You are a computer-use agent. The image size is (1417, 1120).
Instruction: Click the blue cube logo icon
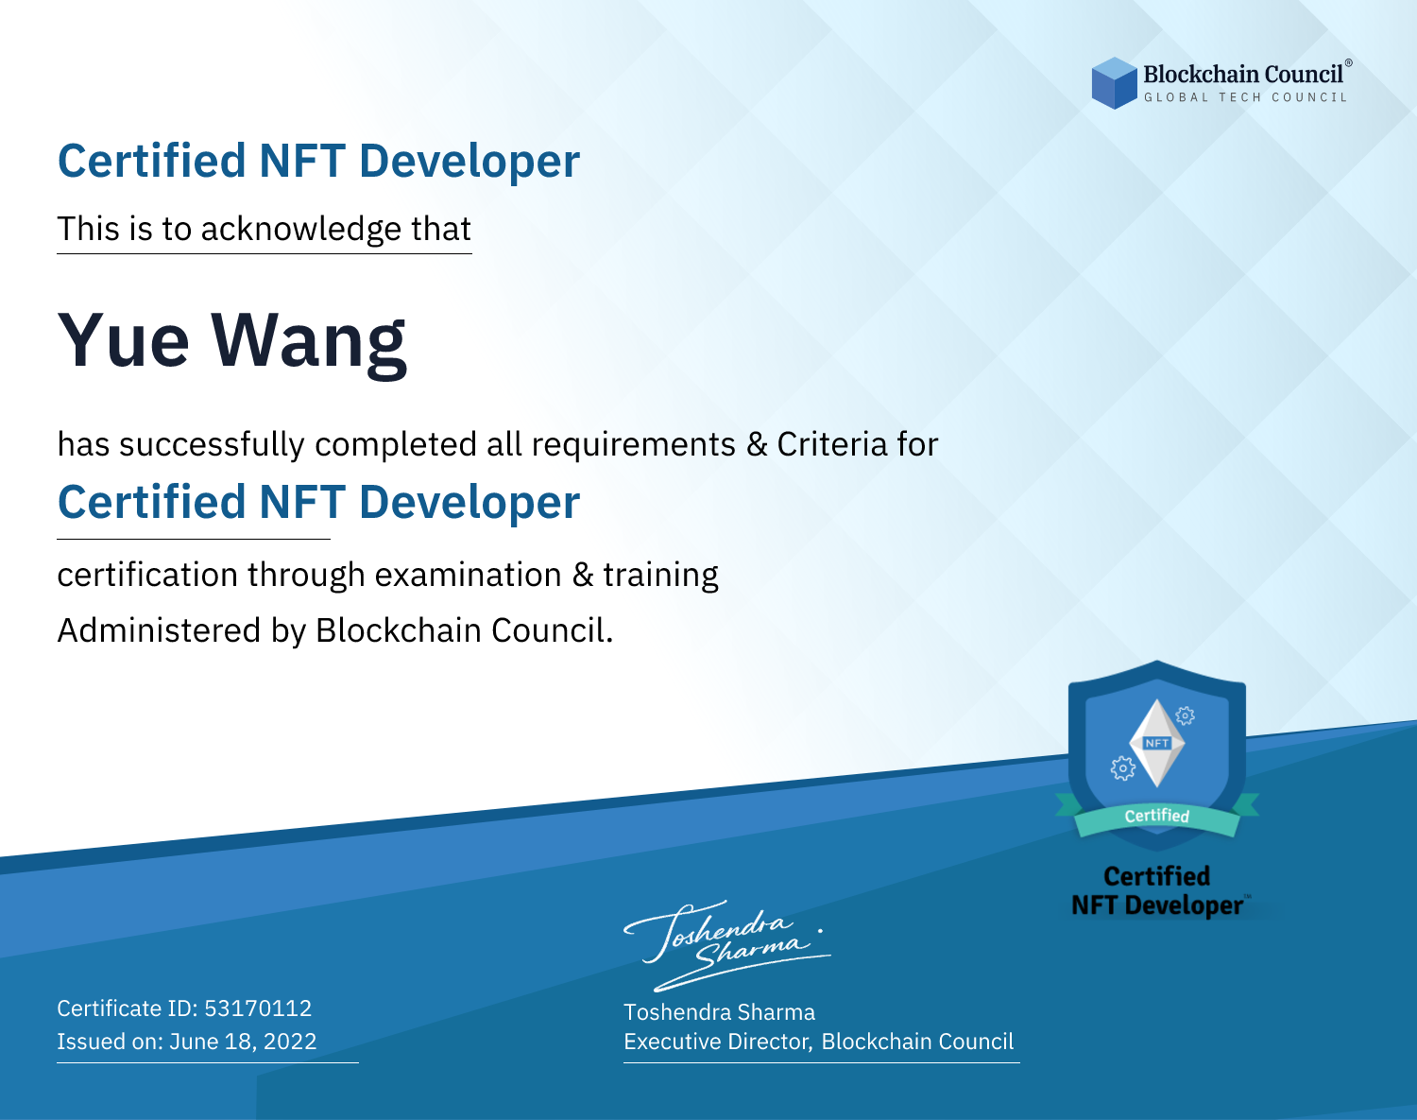[x=1114, y=83]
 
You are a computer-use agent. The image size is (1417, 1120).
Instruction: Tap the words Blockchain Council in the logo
[x=1242, y=75]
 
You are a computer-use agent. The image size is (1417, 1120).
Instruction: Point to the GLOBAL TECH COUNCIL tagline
[x=1245, y=97]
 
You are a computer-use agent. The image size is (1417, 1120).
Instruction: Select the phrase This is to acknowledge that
[x=265, y=230]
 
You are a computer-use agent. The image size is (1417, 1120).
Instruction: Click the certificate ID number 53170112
[x=258, y=1008]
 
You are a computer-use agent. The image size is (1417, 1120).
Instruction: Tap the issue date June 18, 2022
[x=243, y=1041]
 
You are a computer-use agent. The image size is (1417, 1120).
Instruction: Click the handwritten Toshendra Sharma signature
[x=727, y=945]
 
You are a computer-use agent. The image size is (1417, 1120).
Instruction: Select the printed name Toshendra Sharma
[x=719, y=1012]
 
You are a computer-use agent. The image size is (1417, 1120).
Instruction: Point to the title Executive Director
[x=717, y=1042]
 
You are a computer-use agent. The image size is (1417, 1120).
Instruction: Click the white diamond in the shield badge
[x=1157, y=743]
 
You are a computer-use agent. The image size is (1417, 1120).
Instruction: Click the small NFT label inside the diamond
[x=1157, y=743]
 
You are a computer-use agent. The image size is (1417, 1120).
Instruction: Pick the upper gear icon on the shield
[x=1186, y=715]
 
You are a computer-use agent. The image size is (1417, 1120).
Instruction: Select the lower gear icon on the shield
[x=1122, y=768]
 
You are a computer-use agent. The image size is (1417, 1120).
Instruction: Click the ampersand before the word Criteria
[x=757, y=445]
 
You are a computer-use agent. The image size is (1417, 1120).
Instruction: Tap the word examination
[x=468, y=575]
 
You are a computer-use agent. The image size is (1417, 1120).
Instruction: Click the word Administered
[x=159, y=630]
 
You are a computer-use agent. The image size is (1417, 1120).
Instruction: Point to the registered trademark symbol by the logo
[x=1349, y=62]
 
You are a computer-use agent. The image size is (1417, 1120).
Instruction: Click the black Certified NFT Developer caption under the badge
[x=1157, y=891]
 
